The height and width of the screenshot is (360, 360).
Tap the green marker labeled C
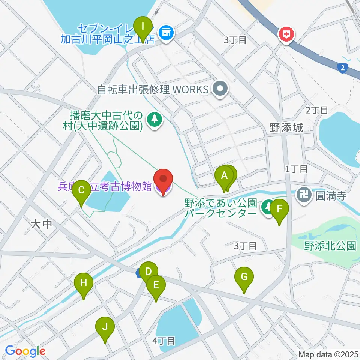(81, 190)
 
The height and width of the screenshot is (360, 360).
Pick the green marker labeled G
(244, 278)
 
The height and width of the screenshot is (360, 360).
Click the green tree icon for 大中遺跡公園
(154, 120)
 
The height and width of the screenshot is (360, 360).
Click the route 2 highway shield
(342, 67)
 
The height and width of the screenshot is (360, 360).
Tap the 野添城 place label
(286, 128)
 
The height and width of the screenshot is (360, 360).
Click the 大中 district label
(41, 224)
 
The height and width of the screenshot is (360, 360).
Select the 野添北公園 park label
(330, 246)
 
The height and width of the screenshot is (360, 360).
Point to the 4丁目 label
(164, 341)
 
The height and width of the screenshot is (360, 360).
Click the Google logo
(25, 351)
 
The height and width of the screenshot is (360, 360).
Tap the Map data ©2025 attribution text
(328, 354)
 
